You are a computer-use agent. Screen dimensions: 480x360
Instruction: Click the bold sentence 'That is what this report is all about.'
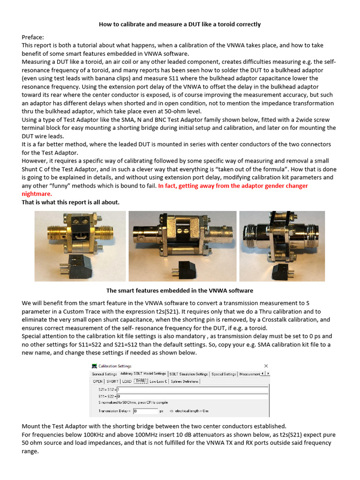point(71,202)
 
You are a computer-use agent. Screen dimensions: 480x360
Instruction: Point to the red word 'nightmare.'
point(37,194)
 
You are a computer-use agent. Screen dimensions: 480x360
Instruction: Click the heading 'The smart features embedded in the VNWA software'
point(180,291)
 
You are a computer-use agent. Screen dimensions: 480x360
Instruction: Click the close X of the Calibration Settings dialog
point(266,366)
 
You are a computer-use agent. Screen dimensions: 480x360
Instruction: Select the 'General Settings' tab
point(104,374)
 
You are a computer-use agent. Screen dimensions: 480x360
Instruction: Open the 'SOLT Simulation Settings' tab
point(188,374)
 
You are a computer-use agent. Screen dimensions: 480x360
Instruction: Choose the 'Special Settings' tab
point(224,374)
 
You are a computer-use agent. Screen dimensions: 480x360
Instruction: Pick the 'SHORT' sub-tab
point(112,382)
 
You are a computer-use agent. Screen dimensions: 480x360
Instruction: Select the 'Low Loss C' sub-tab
point(158,382)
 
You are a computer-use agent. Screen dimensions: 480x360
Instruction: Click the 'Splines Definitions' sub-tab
point(185,382)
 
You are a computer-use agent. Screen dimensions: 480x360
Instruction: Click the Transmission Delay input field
point(145,411)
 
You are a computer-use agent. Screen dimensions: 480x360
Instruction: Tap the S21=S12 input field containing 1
point(192,390)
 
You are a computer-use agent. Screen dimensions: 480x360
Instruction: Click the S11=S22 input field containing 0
point(192,397)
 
